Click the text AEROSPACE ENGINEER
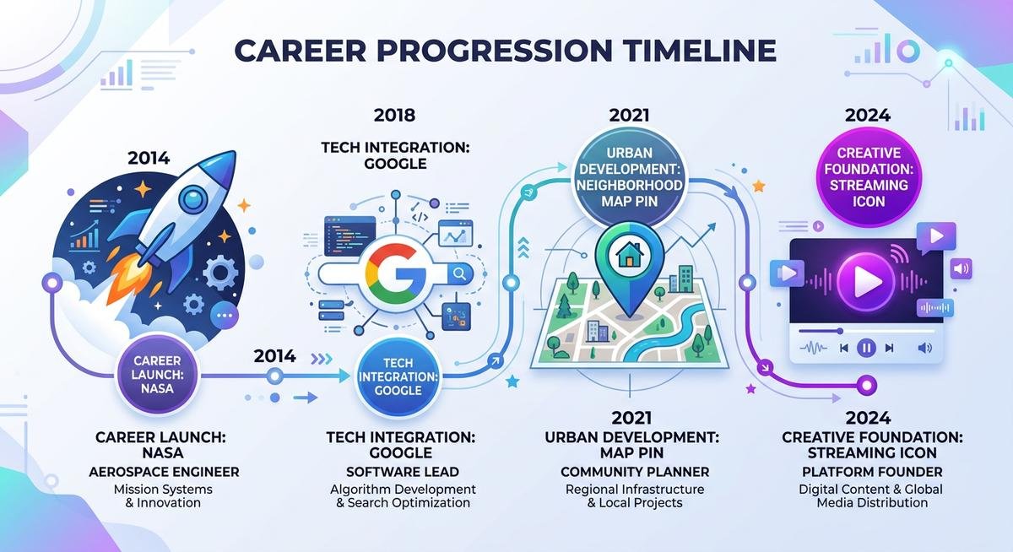click(164, 472)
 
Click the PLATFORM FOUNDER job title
click(872, 472)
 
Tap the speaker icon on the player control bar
click(925, 347)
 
